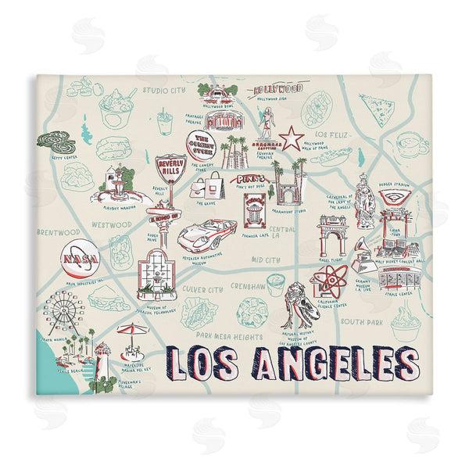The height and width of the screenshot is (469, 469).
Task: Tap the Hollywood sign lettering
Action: [x=279, y=91]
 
